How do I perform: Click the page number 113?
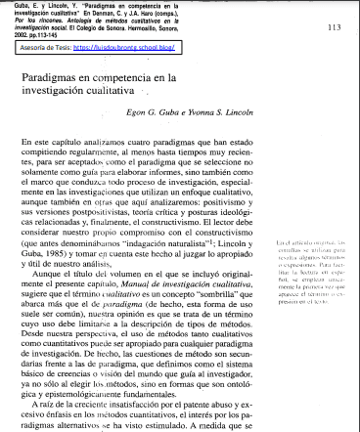[x=333, y=28]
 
